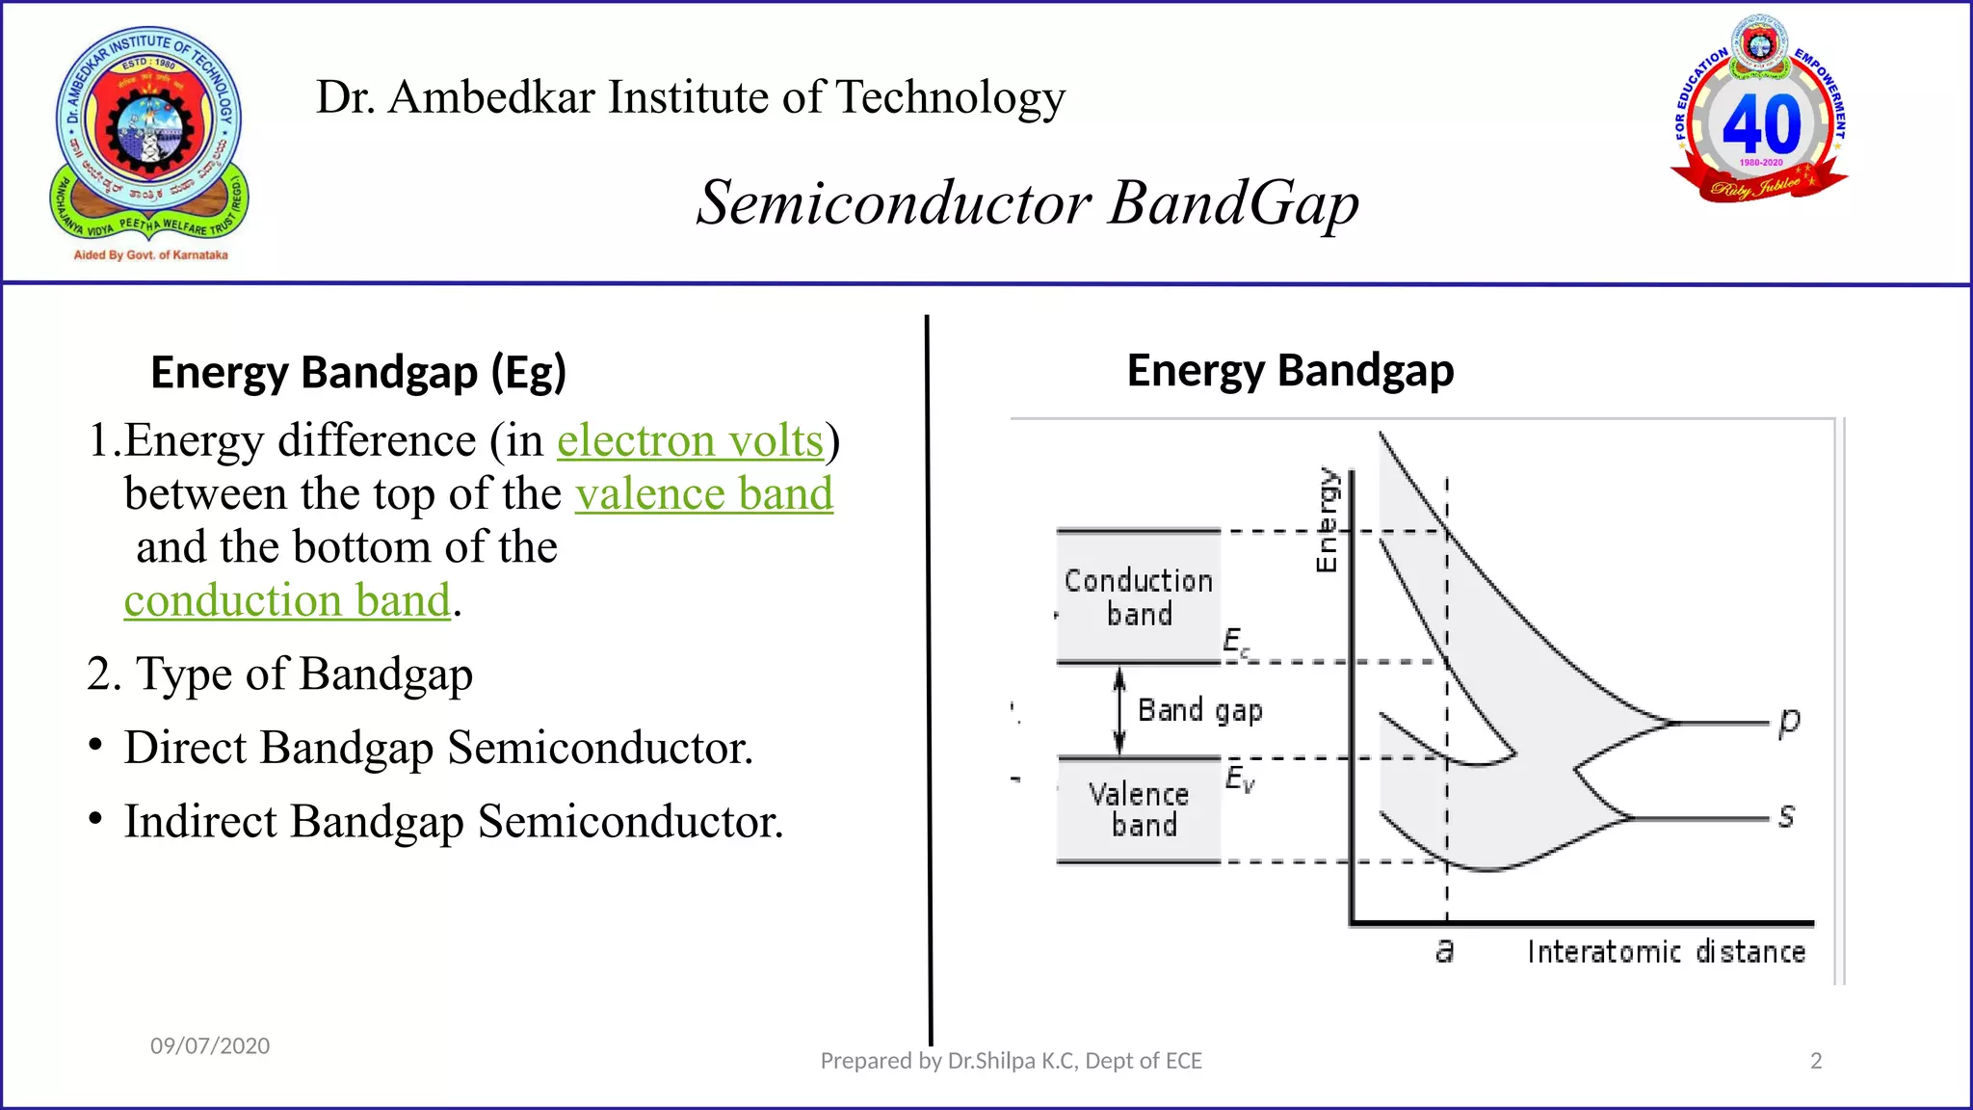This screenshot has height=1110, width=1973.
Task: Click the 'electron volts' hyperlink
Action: coord(690,441)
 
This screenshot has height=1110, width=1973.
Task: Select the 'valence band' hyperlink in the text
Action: coord(704,494)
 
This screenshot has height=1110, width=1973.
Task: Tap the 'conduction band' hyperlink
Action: coord(287,600)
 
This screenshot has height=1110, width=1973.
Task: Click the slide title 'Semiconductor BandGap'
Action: coord(1027,203)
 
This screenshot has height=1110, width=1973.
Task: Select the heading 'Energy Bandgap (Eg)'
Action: coord(358,373)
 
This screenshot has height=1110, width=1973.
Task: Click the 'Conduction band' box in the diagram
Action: coord(1138,596)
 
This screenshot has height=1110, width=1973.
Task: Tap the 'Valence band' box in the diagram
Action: coord(1138,809)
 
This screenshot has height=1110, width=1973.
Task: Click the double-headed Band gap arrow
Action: coord(1118,711)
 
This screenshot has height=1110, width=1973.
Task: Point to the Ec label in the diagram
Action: coord(1236,643)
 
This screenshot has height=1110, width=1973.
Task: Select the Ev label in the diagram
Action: coord(1240,779)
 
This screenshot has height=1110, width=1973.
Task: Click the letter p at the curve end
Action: coord(1789,722)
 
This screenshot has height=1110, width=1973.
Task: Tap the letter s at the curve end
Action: coord(1786,817)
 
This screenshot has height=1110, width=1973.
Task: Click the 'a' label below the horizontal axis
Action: coord(1444,951)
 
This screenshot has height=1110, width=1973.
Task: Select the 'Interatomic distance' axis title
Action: coord(1666,952)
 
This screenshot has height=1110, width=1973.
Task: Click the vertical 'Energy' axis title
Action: coord(1327,520)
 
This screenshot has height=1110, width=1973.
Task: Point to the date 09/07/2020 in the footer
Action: coord(210,1046)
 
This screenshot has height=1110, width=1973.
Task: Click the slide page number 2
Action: coord(1816,1061)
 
